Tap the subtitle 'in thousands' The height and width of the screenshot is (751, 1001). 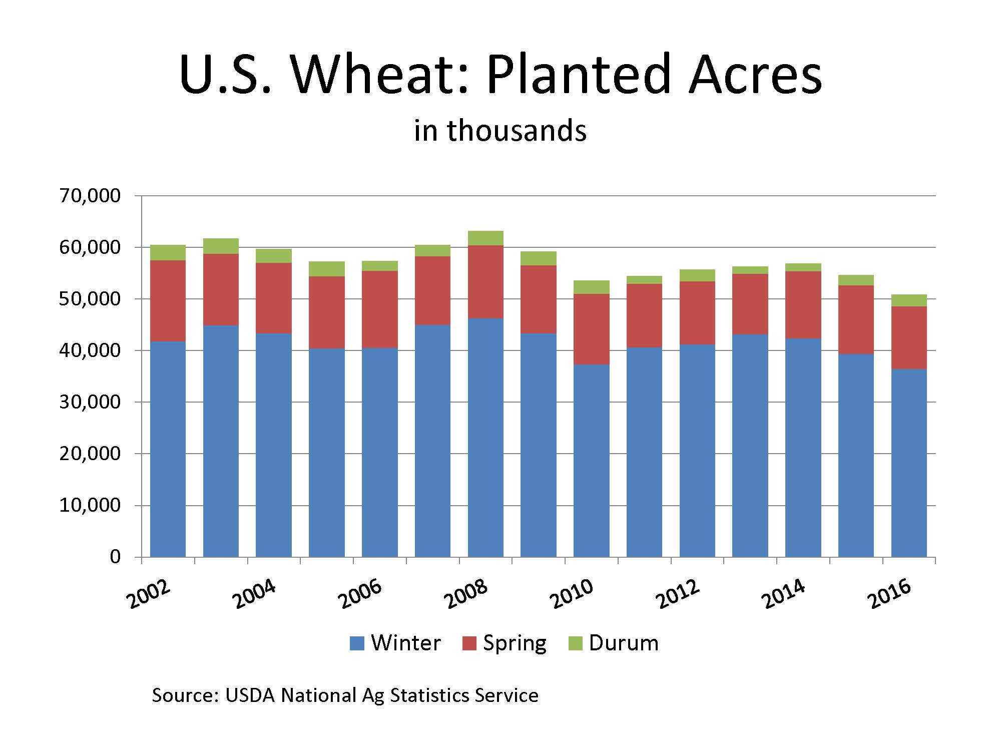click(x=500, y=131)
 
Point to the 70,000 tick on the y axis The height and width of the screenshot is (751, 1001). click(x=90, y=196)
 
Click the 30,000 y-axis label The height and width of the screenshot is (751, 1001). click(x=90, y=402)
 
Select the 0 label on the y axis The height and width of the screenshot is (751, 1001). click(x=115, y=557)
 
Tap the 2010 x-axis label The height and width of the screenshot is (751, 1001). click(x=573, y=594)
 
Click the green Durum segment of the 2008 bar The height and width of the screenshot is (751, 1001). click(x=485, y=238)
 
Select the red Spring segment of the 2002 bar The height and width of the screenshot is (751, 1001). click(x=168, y=301)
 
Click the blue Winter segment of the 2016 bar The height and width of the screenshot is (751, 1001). click(x=909, y=463)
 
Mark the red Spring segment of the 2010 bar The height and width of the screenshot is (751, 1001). click(x=592, y=329)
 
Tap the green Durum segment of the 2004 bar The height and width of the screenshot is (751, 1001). click(x=274, y=256)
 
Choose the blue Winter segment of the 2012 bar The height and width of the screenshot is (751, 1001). click(x=697, y=451)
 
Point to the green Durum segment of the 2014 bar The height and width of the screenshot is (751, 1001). click(x=803, y=267)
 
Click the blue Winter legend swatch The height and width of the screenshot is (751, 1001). click(x=357, y=643)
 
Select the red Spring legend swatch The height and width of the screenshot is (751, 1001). click(x=469, y=643)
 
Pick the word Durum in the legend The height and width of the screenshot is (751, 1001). click(x=624, y=643)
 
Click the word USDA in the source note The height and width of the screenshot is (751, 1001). click(x=250, y=695)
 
